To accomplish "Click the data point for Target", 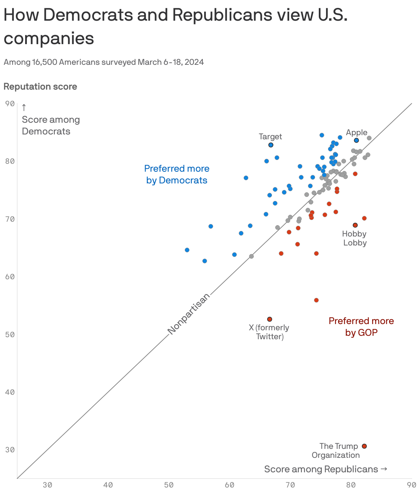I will pos(271,145).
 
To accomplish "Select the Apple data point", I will pos(356,140).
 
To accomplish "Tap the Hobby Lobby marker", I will pos(355,225).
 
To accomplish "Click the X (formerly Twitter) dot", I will pos(270,319).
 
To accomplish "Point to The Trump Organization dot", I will pos(364,446).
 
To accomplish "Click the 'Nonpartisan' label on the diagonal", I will pos(189,314).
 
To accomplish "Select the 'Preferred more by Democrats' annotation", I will pos(177,174).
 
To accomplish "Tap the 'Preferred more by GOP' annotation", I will pos(361,326).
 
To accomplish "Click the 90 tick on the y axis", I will pos(10,103).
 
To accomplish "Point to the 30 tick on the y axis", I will pos(10,450).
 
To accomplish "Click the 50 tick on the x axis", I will pos(169,485).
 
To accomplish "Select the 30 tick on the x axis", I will pos(47,485).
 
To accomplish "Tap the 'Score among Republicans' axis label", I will pos(325,469).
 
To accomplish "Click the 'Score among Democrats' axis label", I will pos(51,125).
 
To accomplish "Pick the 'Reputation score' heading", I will pos(40,87).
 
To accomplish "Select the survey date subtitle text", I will pos(104,62).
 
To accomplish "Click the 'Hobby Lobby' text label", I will pos(355,238).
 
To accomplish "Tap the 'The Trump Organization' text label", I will pos(336,451).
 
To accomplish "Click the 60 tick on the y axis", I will pos(10,276).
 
